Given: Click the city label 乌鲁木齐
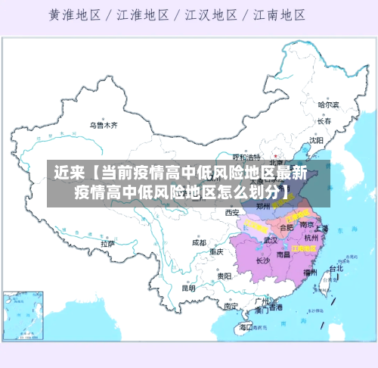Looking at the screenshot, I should [104, 125].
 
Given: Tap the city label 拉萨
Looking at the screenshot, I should [109, 244].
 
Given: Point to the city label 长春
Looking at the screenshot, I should [324, 120].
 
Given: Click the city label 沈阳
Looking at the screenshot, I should [316, 140].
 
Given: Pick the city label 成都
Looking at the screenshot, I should [199, 243].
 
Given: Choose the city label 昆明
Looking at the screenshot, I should [188, 288].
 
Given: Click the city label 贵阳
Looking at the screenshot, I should [223, 276].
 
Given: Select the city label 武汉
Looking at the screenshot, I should [270, 240].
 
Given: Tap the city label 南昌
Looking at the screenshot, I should [283, 255].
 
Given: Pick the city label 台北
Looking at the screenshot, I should [335, 268].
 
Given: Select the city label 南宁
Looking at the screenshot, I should [231, 307].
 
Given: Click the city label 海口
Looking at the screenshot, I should [246, 327].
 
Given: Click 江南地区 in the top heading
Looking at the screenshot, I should [280, 14].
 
